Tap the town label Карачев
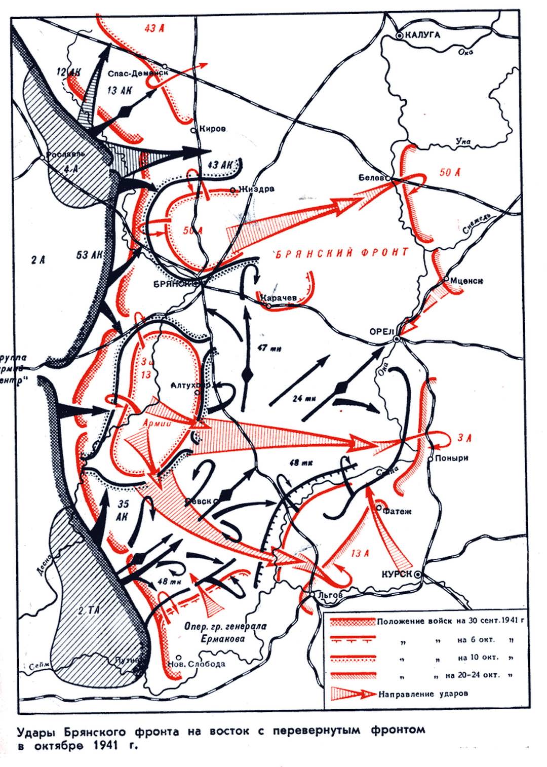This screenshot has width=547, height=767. [279, 298]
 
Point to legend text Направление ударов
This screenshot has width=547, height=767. [422, 694]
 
